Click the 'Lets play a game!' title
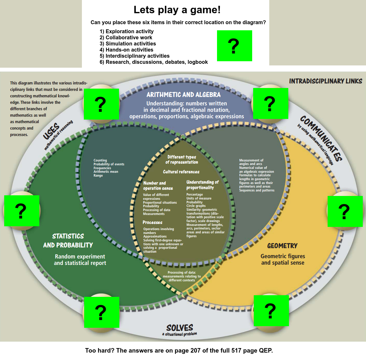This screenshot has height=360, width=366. pyautogui.click(x=177, y=10)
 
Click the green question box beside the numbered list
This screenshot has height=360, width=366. pyautogui.click(x=234, y=46)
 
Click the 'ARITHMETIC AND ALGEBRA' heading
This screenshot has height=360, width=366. pyautogui.click(x=183, y=94)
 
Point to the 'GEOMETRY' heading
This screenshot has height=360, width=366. pyautogui.click(x=282, y=246)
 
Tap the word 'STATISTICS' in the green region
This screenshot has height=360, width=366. pyautogui.click(x=68, y=236)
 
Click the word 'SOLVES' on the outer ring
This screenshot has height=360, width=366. pyautogui.click(x=180, y=328)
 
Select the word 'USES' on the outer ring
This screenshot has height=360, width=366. pyautogui.click(x=51, y=131)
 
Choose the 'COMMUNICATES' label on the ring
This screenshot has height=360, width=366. pyautogui.click(x=321, y=138)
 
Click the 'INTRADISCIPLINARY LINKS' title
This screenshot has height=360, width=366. pyautogui.click(x=326, y=81)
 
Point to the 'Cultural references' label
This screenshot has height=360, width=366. pyautogui.click(x=181, y=172)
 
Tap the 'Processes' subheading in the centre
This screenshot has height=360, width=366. pyautogui.click(x=153, y=222)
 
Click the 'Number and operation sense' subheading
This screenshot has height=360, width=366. pyautogui.click(x=158, y=186)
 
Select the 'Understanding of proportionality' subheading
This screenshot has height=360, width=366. pyautogui.click(x=203, y=185)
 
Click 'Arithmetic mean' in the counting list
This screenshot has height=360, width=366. pyautogui.click(x=106, y=171)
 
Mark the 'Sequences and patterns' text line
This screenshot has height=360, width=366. pyautogui.click(x=257, y=190)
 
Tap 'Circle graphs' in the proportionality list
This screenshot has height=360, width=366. pyautogui.click(x=196, y=206)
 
